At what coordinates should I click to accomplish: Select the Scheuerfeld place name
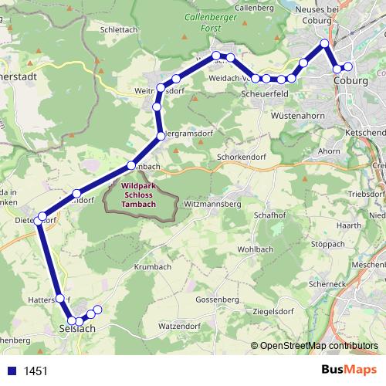(265, 95)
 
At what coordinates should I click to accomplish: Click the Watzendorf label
(179, 326)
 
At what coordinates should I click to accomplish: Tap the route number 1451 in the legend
(36, 371)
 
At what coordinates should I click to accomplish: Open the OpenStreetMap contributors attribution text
(318, 346)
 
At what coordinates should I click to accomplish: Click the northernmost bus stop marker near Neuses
(325, 43)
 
